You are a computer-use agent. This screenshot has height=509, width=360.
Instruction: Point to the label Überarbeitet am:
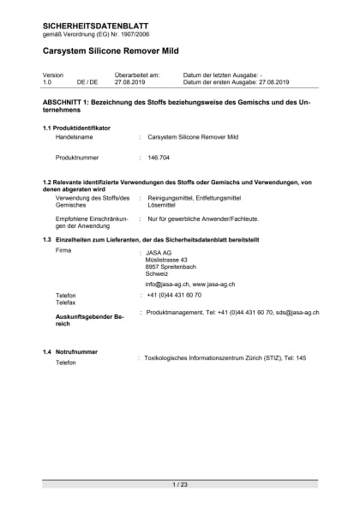pos(137,75)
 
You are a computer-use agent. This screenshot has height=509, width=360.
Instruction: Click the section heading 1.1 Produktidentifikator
pos(76,128)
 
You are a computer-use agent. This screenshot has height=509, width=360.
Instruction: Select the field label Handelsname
pos(74,136)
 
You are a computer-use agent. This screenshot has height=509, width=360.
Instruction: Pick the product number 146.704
pos(159,158)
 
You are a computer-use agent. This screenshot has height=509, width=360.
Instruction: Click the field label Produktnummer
pos(78,158)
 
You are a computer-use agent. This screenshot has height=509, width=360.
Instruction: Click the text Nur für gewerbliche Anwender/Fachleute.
pos(202,219)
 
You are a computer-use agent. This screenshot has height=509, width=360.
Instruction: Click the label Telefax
pos(66,303)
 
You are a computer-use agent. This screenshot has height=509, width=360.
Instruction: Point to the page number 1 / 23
pos(180,485)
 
